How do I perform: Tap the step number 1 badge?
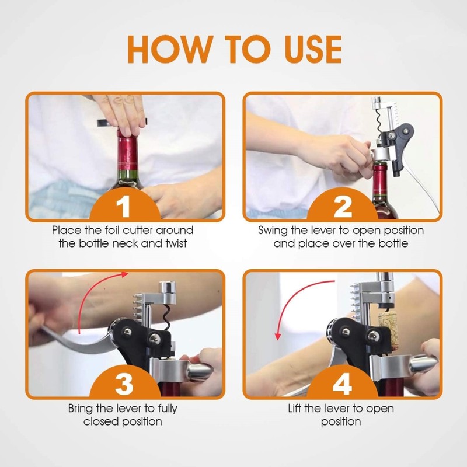tap(124, 205)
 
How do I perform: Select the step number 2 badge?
tap(343, 205)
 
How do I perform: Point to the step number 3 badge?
tap(124, 384)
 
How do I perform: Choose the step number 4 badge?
tap(343, 384)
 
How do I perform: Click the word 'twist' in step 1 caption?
tap(176, 243)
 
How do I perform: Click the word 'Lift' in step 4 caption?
tap(294, 408)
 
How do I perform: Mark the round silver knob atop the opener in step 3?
tap(167, 288)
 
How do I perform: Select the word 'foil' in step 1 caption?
tap(112, 230)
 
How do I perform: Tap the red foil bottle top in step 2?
tap(380, 179)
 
